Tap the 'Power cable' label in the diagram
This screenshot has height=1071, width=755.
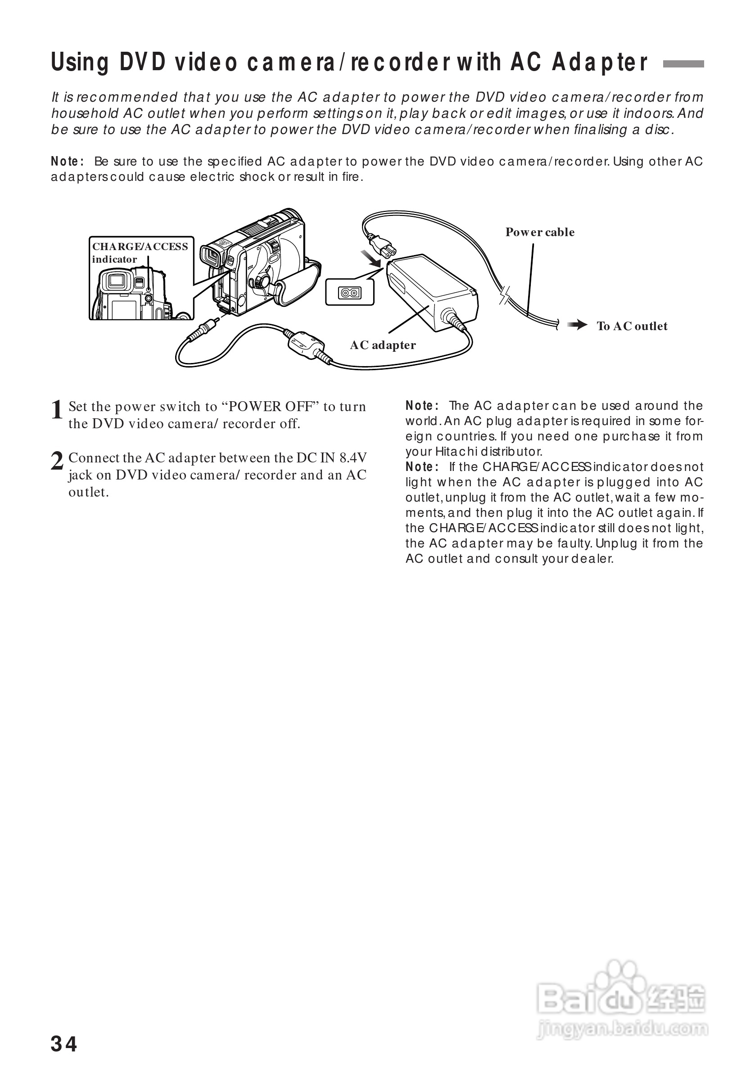(540, 232)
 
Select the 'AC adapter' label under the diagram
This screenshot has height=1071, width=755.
(383, 345)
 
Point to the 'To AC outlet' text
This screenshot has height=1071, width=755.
(632, 326)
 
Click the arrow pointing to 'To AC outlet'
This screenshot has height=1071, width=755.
(578, 325)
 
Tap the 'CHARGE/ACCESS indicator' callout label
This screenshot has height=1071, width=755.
(140, 252)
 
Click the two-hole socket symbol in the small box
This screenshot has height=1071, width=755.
(350, 293)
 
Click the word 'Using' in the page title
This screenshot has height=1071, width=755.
(79, 63)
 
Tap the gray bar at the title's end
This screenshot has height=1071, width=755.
(683, 64)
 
